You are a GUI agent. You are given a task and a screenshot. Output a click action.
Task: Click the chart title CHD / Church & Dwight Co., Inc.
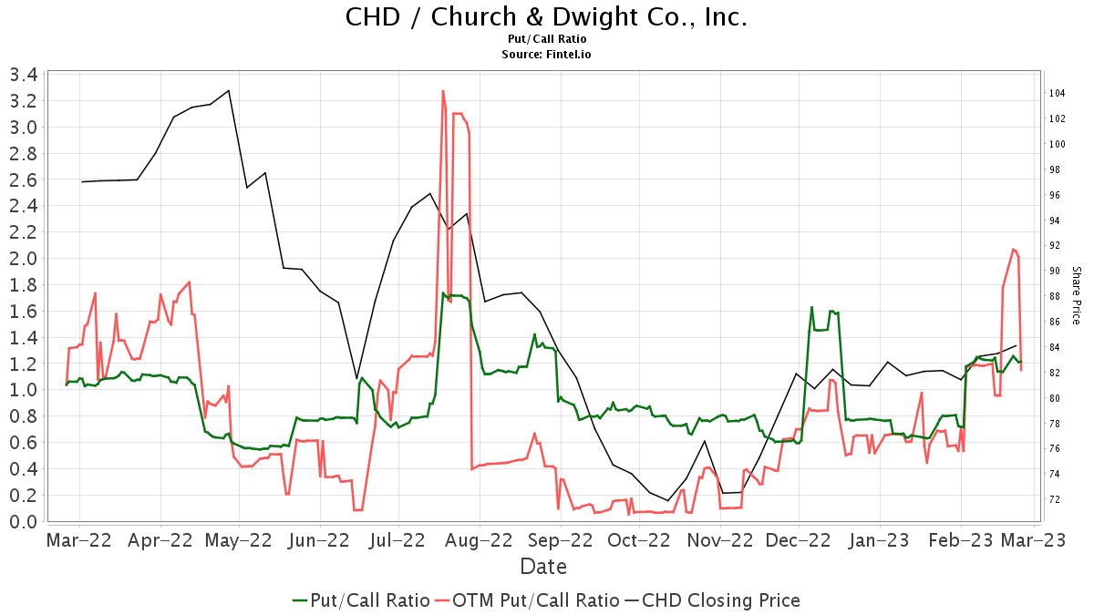coord(546,17)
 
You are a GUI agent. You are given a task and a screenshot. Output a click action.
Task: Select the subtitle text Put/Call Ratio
coord(546,39)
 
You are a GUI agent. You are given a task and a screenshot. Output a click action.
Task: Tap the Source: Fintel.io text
coord(546,54)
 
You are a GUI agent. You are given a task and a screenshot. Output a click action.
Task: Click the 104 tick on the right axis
coord(1058,94)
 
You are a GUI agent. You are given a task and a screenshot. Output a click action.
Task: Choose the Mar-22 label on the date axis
coord(79,540)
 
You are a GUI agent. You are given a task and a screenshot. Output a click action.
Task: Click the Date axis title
coord(543,567)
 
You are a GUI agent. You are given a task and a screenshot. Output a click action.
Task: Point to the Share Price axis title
coord(1076,295)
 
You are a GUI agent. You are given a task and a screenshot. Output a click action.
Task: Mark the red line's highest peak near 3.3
coord(443,91)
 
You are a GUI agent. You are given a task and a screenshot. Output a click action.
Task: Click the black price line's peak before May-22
coord(228,90)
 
